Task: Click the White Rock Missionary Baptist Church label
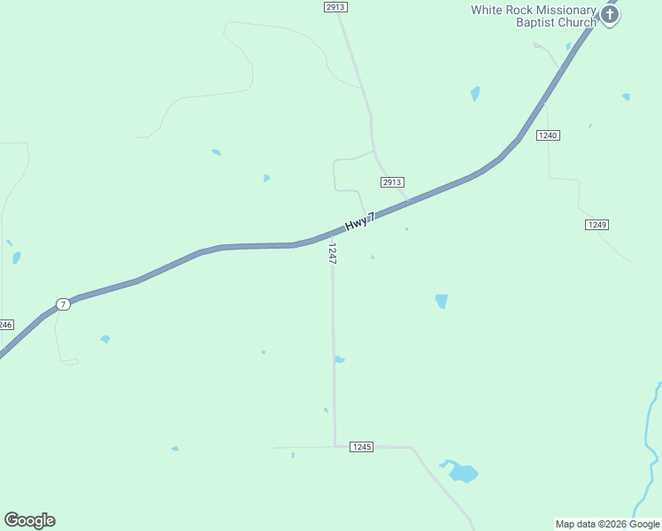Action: click(x=534, y=16)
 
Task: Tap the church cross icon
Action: click(x=609, y=14)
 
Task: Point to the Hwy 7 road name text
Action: click(x=360, y=220)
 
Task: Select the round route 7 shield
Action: click(x=63, y=304)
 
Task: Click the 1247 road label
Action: click(x=332, y=254)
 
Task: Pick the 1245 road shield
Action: click(x=361, y=447)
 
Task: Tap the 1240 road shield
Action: click(x=548, y=135)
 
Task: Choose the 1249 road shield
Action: click(x=597, y=225)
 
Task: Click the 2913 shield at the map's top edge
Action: click(x=335, y=6)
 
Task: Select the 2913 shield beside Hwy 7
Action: click(x=392, y=182)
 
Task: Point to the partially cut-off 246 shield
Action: click(x=6, y=325)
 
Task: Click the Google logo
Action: click(x=29, y=520)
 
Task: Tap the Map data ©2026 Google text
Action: click(x=607, y=524)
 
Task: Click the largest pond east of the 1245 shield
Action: click(x=462, y=473)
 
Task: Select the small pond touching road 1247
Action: click(x=339, y=359)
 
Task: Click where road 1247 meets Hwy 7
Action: click(x=332, y=234)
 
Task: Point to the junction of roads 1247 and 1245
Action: click(x=335, y=447)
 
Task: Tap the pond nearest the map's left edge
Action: click(x=16, y=258)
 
